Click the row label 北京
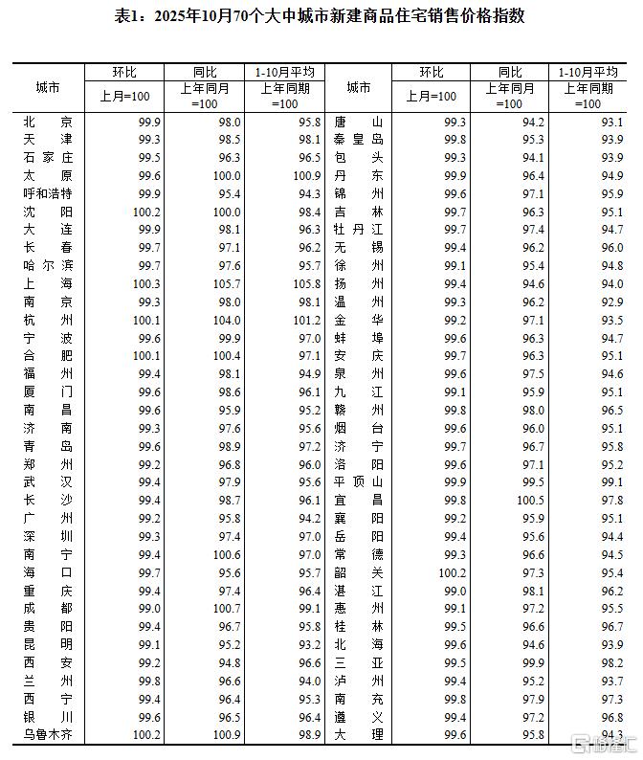click(47, 122)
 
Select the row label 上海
click(47, 283)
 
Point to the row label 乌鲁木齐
click(47, 733)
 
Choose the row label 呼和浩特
click(47, 193)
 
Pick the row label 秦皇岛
click(358, 140)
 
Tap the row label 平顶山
click(358, 481)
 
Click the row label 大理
click(358, 733)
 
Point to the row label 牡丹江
click(358, 230)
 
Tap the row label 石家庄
click(47, 157)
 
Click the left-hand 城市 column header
click(47, 87)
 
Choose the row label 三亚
click(358, 661)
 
